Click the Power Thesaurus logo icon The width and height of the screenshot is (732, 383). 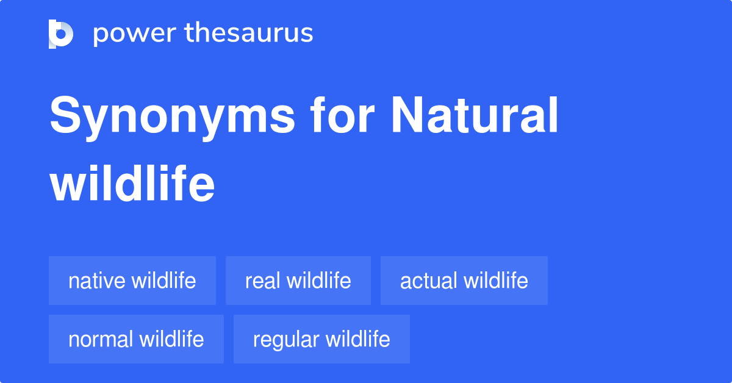61,34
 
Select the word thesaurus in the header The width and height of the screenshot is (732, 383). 248,34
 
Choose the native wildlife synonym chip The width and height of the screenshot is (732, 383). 132,281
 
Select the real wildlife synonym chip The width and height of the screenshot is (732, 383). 298,281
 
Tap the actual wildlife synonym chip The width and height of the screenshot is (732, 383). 464,281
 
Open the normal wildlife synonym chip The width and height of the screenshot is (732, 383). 136,339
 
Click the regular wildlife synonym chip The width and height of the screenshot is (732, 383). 321,339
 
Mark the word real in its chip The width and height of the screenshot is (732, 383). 262,281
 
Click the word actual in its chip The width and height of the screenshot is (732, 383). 428,281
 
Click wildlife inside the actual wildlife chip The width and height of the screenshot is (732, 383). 496,281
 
